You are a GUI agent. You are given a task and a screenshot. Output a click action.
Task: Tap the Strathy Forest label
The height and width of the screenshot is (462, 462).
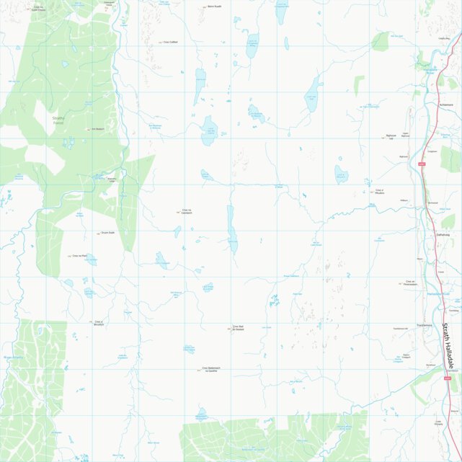click(x=58, y=120)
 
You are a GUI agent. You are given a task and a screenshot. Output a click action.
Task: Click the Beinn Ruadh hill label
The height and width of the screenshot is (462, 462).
click(x=214, y=6)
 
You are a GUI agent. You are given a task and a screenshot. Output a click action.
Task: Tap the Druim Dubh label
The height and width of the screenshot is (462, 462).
click(x=108, y=234)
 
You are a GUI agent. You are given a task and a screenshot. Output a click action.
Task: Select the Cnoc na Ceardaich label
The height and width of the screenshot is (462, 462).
click(x=187, y=212)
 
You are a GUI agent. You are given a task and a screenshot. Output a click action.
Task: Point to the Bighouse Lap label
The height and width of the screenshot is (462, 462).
click(x=391, y=136)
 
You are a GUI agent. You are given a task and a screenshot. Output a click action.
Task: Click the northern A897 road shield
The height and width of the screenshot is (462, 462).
click(x=422, y=164)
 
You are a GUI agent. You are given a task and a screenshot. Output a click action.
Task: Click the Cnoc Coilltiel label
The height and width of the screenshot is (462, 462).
click(x=170, y=42)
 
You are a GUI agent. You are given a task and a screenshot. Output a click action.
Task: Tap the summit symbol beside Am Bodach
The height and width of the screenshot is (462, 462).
click(x=88, y=130)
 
